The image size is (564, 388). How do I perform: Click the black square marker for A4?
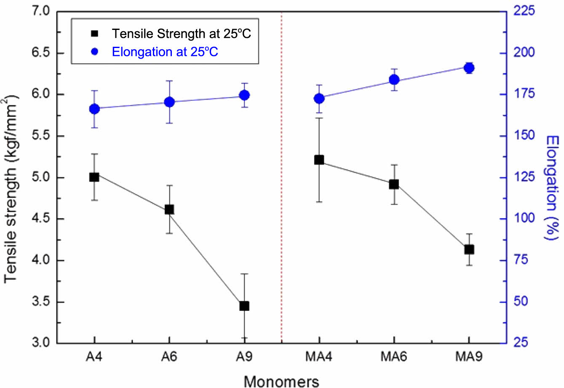[94, 177]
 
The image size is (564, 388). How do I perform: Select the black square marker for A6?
[169, 209]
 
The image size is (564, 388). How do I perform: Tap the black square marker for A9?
[244, 306]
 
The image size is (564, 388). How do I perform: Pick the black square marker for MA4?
[319, 160]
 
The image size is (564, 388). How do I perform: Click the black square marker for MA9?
[469, 249]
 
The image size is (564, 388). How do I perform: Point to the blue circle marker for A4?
[94, 109]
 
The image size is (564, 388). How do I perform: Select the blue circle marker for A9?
[244, 95]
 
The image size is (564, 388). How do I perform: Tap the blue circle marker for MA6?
[394, 80]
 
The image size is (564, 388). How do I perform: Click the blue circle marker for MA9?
[469, 68]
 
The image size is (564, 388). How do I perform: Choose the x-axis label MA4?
[319, 357]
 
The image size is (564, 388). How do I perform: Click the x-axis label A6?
[169, 357]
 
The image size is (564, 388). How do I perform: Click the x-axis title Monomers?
[282, 380]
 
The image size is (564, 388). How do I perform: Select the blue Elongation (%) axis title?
[551, 187]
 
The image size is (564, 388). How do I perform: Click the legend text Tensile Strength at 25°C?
[181, 33]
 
